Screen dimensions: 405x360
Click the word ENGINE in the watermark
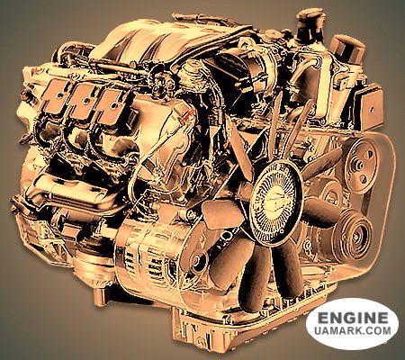pyautogui.click(x=353, y=318)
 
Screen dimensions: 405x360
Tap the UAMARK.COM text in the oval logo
pyautogui.click(x=353, y=330)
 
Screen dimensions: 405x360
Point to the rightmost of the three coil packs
pyautogui.click(x=112, y=107)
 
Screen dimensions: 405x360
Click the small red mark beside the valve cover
pyautogui.click(x=186, y=116)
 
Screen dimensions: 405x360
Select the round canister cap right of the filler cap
pyautogui.click(x=346, y=48)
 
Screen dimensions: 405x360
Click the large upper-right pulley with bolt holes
pyautogui.click(x=360, y=165)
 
